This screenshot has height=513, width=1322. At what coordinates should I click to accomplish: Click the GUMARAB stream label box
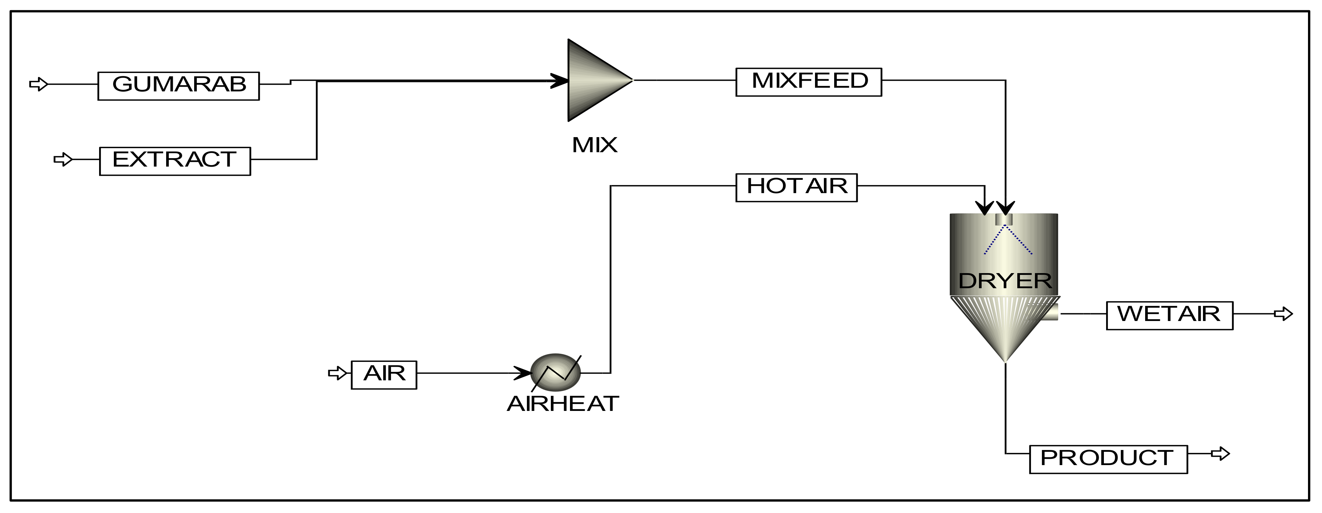click(179, 86)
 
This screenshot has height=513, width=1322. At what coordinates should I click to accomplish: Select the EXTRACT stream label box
click(175, 161)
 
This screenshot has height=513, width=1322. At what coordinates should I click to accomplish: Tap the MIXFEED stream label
click(809, 82)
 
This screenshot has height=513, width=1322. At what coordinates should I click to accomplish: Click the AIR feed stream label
click(384, 375)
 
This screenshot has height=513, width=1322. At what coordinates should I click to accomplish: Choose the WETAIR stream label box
click(1169, 315)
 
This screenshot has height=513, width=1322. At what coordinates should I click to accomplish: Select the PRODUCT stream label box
click(1108, 459)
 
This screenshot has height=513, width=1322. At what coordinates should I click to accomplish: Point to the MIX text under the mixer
click(594, 145)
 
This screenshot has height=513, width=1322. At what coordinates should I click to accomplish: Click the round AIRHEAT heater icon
click(555, 372)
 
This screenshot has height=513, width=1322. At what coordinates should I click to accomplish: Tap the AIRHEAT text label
click(563, 404)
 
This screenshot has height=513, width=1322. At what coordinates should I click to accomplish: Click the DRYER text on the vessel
click(1005, 281)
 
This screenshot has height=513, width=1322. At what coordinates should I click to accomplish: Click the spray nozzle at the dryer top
click(1004, 220)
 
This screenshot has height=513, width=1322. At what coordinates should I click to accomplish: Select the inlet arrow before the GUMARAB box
click(38, 84)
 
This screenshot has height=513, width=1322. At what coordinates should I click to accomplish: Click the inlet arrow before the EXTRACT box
click(63, 160)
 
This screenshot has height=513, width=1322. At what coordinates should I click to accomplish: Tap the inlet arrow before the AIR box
click(338, 373)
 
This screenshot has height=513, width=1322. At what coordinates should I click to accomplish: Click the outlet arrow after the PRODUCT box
click(1220, 454)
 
